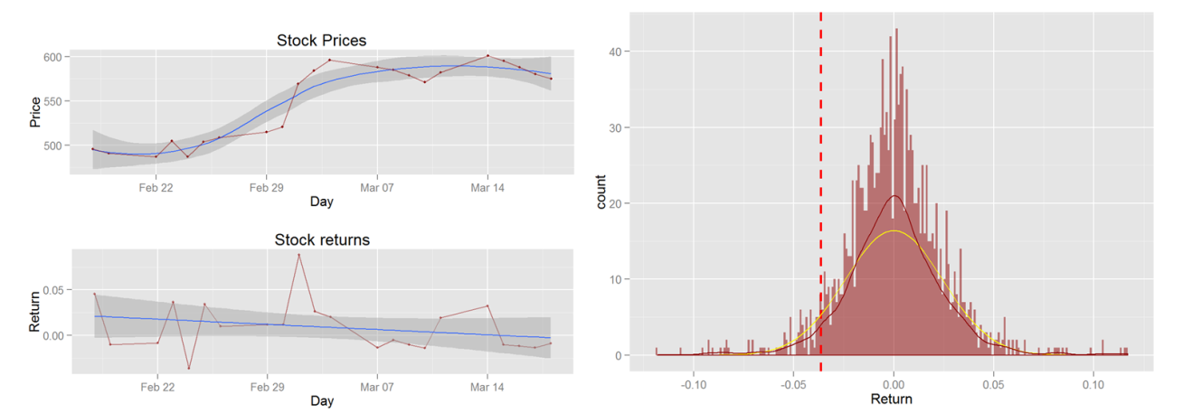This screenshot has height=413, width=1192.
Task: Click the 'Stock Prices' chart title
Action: (321, 41)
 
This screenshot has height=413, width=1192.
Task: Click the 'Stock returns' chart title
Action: (321, 239)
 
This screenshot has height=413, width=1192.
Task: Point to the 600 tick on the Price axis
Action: (53, 57)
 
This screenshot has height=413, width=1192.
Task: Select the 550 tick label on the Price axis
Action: (53, 101)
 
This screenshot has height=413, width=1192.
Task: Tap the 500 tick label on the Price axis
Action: (53, 145)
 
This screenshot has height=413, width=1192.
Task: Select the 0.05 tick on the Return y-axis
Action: (52, 290)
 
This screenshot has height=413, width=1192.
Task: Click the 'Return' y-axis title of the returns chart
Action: (35, 312)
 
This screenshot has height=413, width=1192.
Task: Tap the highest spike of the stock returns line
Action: (298, 255)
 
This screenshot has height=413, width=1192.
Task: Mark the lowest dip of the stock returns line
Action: (189, 368)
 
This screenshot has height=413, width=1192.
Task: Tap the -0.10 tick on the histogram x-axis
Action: (693, 381)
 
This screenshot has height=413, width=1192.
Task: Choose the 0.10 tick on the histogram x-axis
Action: (1093, 381)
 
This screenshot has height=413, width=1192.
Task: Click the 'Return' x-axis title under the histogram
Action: (891, 398)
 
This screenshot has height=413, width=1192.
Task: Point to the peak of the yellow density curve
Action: (894, 231)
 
